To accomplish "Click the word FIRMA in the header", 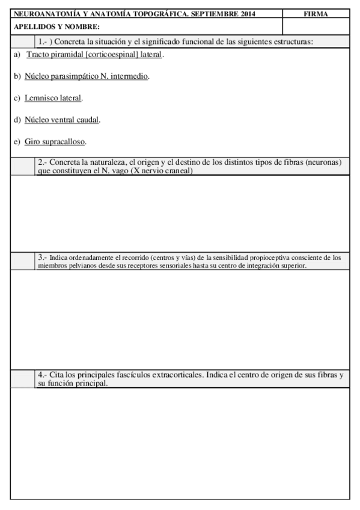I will coord(316,14).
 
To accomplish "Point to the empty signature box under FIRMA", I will coord(316,27).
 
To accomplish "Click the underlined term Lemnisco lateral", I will coord(53,98).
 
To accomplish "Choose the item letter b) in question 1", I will coord(17,77).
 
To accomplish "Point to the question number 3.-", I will coord(43,257).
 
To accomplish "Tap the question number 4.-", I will coord(43,375).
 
